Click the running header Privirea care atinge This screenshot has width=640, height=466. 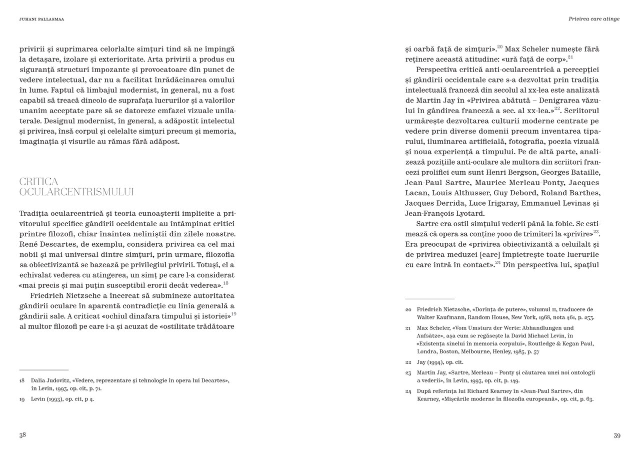(x=594, y=19)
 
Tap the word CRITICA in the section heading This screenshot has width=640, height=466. (x=39, y=181)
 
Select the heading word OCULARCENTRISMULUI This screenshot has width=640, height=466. (x=76, y=192)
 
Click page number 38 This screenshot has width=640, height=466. (x=22, y=435)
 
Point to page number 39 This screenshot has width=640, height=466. (x=616, y=435)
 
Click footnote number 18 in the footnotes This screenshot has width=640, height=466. (x=22, y=380)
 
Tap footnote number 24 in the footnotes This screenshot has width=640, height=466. (x=408, y=391)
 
